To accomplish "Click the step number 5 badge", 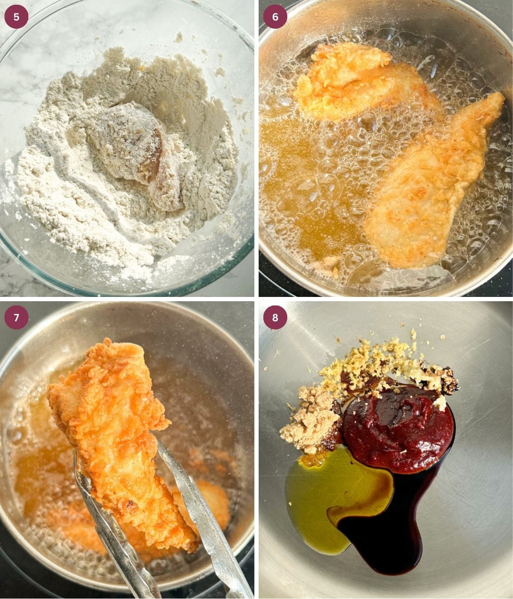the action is [x=16, y=17].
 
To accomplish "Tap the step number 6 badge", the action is [x=275, y=17].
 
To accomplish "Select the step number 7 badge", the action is [x=16, y=317].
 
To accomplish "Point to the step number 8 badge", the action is [x=275, y=317].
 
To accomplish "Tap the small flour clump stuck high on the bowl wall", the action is [x=179, y=37].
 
